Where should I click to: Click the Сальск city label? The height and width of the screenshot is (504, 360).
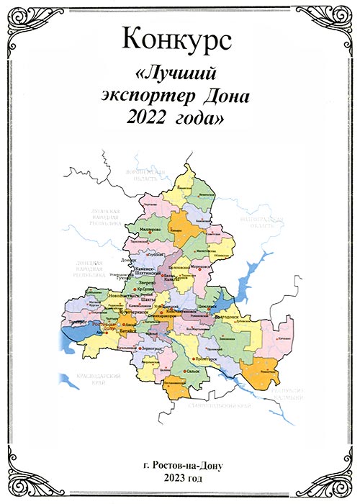point(191,370)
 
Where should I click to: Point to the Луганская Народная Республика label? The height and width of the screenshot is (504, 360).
point(98,217)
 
